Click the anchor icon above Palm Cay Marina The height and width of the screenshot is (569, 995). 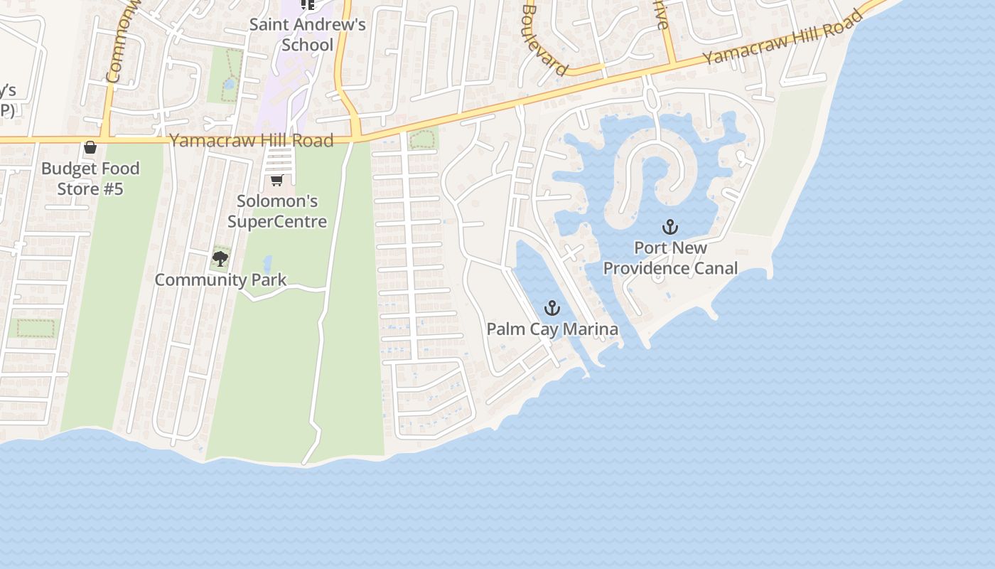(552, 308)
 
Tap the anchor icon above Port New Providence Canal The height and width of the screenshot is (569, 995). (669, 227)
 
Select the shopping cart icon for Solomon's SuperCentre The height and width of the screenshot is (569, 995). (277, 180)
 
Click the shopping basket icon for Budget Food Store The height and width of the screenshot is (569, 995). (90, 148)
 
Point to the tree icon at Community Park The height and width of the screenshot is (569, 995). (220, 258)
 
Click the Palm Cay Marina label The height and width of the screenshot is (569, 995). (552, 329)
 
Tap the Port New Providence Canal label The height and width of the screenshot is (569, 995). (670, 258)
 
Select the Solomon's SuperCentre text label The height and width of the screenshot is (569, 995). (277, 211)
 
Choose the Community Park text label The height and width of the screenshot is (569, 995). (220, 280)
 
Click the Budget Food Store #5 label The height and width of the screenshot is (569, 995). (90, 179)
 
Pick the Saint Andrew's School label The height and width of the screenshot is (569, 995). (307, 34)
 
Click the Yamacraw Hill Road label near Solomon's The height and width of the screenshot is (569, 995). (251, 140)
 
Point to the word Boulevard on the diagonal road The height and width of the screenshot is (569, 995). (544, 40)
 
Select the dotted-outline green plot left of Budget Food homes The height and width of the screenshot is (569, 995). (36, 328)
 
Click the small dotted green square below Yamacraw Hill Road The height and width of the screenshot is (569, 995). (422, 139)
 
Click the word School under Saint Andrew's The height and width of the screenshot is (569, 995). (307, 45)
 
